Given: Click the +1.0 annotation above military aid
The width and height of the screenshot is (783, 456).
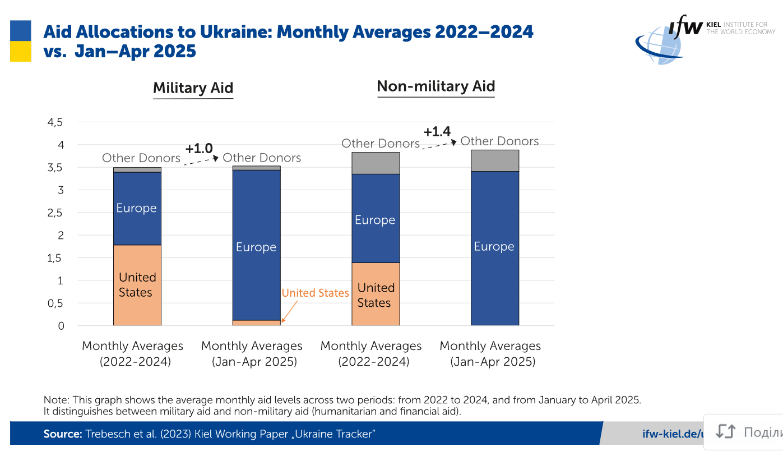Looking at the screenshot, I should click(x=199, y=149).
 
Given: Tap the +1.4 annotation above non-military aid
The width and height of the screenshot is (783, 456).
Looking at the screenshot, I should click(x=437, y=132).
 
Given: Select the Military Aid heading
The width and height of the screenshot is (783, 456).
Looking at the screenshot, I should click(x=193, y=88).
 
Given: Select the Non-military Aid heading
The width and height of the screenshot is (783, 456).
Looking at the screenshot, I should click(x=435, y=86).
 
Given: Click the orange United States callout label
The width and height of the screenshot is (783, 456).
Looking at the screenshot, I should click(x=315, y=293).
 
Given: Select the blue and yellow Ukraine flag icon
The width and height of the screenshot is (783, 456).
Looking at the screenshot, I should click(x=21, y=41).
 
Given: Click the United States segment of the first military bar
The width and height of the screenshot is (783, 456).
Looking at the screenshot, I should click(x=137, y=285).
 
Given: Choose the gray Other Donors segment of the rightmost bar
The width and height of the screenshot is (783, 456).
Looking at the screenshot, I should click(x=494, y=160).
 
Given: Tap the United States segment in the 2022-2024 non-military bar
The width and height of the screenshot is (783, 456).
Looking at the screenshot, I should click(x=376, y=294).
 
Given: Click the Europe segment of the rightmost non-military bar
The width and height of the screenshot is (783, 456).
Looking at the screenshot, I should click(x=494, y=247).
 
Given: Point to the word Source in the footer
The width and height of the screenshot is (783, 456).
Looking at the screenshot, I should click(x=63, y=434).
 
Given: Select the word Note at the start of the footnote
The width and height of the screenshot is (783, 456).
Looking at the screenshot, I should click(x=54, y=400).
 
